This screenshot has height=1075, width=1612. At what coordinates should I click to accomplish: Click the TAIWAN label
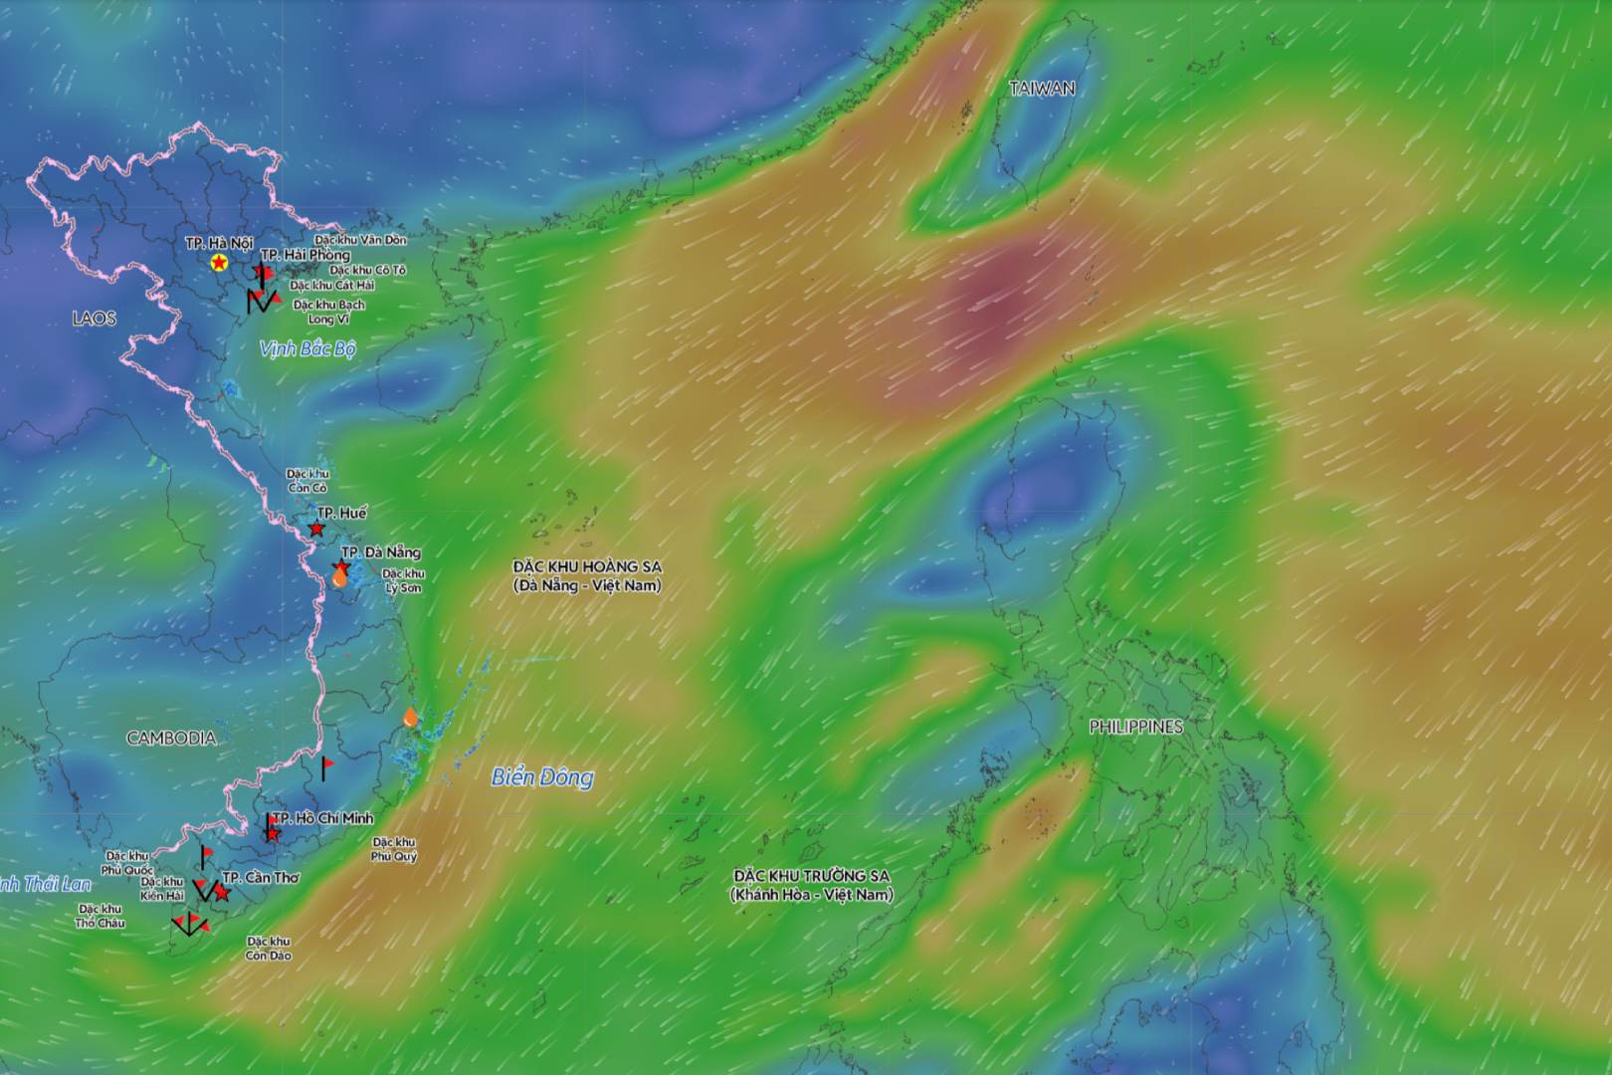pyautogui.click(x=1042, y=89)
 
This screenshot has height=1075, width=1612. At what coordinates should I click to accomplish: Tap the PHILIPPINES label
pyautogui.click(x=1135, y=727)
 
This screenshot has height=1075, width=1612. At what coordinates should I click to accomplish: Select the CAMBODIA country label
pyautogui.click(x=171, y=738)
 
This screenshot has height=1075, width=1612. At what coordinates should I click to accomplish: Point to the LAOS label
pyautogui.click(x=94, y=319)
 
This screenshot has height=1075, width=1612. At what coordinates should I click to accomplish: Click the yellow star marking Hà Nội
pyautogui.click(x=219, y=263)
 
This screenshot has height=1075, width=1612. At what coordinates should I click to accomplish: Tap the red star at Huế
pyautogui.click(x=316, y=529)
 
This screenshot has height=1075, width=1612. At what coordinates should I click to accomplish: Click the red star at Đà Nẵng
pyautogui.click(x=342, y=567)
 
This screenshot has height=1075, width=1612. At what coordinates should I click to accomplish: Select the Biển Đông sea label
pyautogui.click(x=542, y=777)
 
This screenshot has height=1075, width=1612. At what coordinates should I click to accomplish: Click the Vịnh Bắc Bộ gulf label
pyautogui.click(x=307, y=349)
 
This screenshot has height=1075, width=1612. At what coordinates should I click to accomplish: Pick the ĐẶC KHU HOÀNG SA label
pyautogui.click(x=587, y=575)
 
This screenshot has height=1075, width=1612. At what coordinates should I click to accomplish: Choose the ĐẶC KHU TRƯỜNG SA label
pyautogui.click(x=812, y=885)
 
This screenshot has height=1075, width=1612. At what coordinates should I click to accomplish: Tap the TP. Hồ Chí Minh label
pyautogui.click(x=322, y=818)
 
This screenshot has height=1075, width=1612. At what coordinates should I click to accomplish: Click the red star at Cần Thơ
pyautogui.click(x=222, y=894)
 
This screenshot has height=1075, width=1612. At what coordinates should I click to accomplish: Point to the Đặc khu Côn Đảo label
pyautogui.click(x=268, y=949)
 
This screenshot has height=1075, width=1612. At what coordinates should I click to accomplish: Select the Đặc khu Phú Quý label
pyautogui.click(x=394, y=849)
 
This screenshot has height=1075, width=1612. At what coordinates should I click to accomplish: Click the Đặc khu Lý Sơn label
pyautogui.click(x=403, y=580)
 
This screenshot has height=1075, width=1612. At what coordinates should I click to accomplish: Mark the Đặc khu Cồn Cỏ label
pyautogui.click(x=307, y=481)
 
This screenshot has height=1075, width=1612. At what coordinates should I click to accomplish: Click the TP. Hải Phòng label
pyautogui.click(x=305, y=255)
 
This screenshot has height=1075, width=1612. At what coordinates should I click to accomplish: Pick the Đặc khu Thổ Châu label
pyautogui.click(x=100, y=916)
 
